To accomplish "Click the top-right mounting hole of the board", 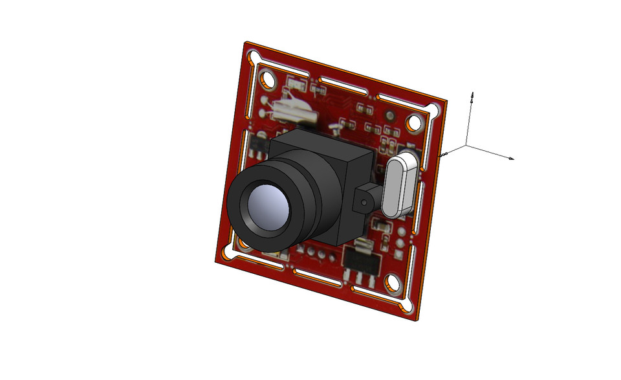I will [x=413, y=122].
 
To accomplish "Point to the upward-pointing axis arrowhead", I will [x=473, y=95].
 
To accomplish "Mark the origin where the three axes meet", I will [x=467, y=146].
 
